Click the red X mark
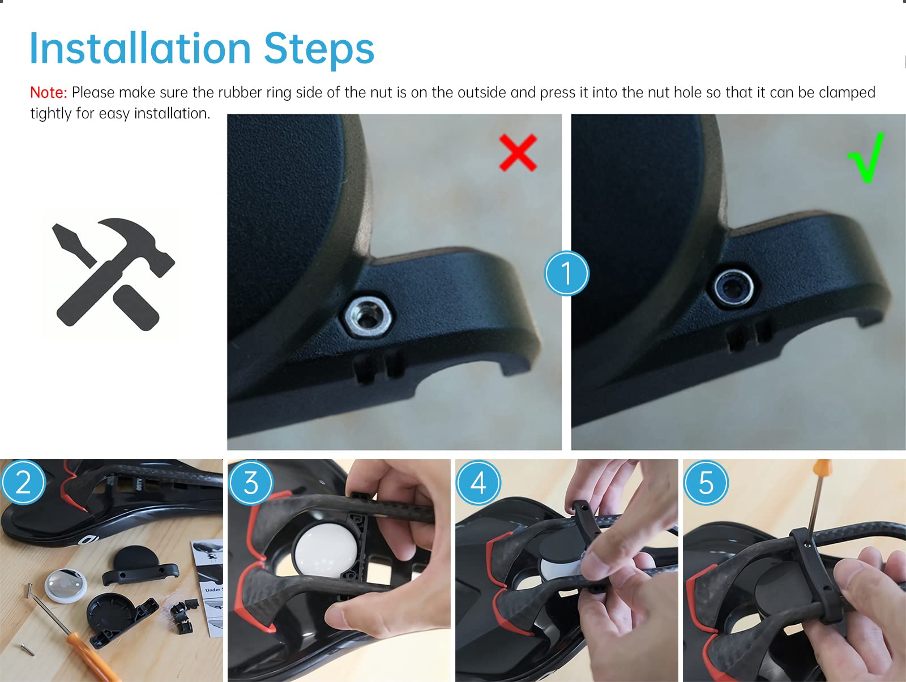point(518,153)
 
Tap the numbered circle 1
point(566,273)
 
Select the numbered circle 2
point(23,482)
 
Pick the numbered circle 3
point(251,483)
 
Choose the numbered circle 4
point(478,483)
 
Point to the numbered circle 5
point(706,483)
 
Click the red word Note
point(48,93)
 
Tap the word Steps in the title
point(319,49)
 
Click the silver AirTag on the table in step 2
point(66,586)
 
